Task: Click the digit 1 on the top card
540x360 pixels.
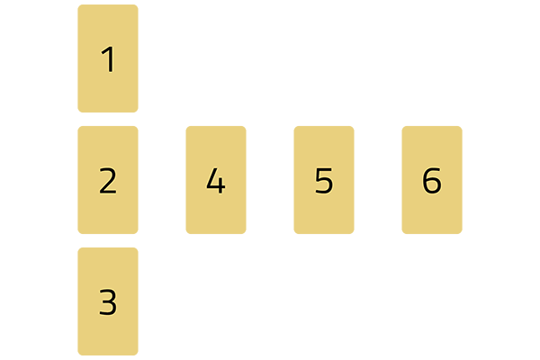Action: (x=108, y=60)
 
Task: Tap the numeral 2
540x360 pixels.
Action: (x=108, y=181)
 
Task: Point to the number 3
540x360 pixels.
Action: (x=108, y=302)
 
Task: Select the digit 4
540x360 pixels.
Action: (x=215, y=181)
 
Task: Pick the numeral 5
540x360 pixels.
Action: (x=324, y=181)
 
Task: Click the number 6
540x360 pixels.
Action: (x=432, y=181)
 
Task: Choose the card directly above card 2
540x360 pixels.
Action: (x=108, y=58)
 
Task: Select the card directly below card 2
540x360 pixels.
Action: (x=108, y=301)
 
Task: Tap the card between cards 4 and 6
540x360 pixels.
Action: (x=324, y=180)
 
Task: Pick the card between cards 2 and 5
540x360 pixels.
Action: (x=216, y=180)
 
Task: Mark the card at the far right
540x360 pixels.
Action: (x=432, y=180)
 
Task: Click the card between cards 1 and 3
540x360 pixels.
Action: (x=108, y=180)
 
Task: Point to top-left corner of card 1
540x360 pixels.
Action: (x=79, y=6)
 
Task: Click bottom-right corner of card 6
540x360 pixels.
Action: (x=461, y=233)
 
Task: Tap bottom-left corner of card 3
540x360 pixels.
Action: (x=79, y=354)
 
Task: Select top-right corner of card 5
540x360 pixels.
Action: (x=353, y=127)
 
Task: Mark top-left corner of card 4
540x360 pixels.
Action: (x=187, y=127)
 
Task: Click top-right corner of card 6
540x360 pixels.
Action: (x=461, y=127)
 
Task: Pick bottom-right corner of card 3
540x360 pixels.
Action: (x=137, y=354)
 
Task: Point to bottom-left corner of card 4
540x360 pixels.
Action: (x=187, y=233)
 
